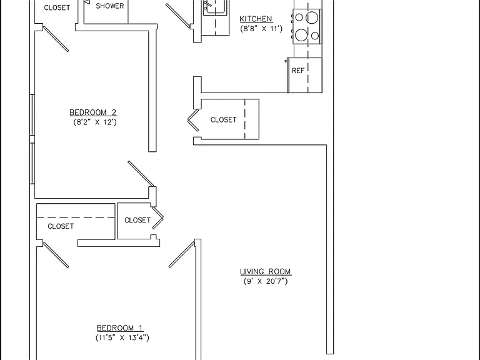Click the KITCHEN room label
(x=256, y=19)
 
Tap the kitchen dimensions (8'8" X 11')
(x=261, y=29)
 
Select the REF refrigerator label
(x=298, y=71)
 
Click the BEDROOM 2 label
(x=93, y=112)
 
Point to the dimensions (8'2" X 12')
(x=95, y=122)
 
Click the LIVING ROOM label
(x=266, y=271)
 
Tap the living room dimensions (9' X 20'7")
(x=266, y=281)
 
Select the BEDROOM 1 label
(x=120, y=328)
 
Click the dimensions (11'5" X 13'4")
(x=122, y=337)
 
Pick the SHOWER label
(x=110, y=6)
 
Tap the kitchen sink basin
(x=216, y=7)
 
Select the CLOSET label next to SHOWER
(x=57, y=7)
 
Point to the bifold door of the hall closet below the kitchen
(x=194, y=120)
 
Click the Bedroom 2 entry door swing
(x=141, y=173)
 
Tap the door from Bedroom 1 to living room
(x=182, y=255)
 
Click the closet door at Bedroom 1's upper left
(x=56, y=255)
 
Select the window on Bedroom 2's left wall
(x=32, y=139)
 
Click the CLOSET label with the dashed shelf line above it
(x=61, y=226)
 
